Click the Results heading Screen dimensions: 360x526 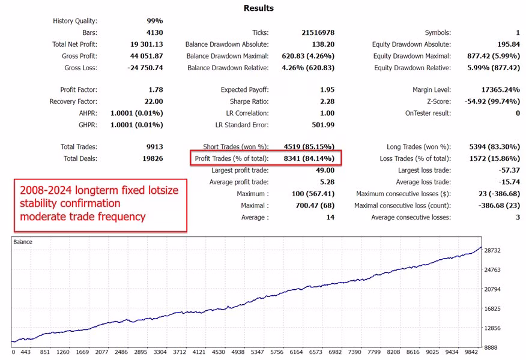pyautogui.click(x=259, y=8)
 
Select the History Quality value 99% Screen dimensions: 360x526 pyautogui.click(x=153, y=20)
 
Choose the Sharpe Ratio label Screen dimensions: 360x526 pyautogui.click(x=246, y=101)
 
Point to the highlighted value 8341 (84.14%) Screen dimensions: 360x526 pyautogui.click(x=308, y=158)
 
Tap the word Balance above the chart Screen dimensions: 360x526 pyautogui.click(x=24, y=242)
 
